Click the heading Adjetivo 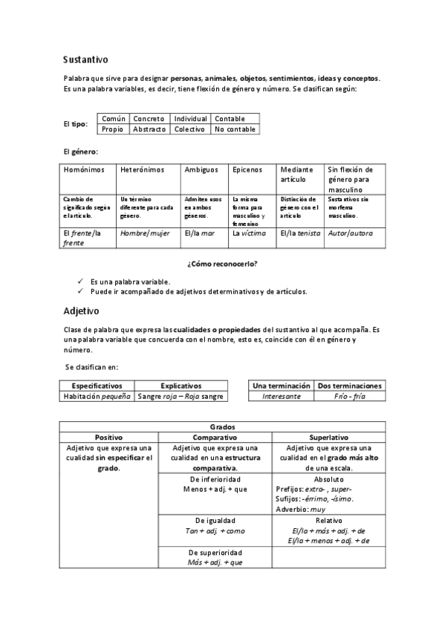(81, 311)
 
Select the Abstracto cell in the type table (149, 129)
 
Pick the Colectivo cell (189, 129)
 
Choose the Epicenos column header (247, 169)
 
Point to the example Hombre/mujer (145, 233)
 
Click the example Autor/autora (349, 233)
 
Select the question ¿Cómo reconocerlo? (227, 264)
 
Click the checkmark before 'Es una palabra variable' (79, 282)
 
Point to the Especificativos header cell (97, 386)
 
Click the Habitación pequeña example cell (97, 397)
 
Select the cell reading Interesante (282, 397)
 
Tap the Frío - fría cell (349, 397)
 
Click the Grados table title (222, 427)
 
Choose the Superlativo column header (331, 438)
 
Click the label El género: (80, 152)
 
